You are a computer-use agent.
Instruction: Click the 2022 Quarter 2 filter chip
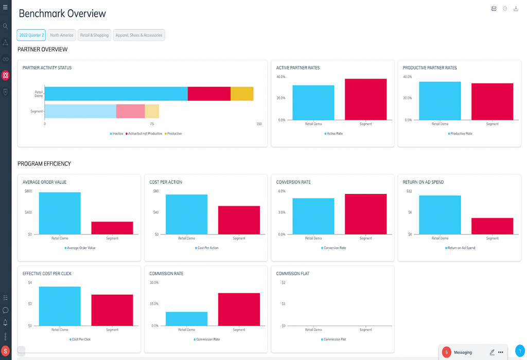click(x=31, y=35)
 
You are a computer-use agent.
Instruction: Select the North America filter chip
click(x=62, y=35)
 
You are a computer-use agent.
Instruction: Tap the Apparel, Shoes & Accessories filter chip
click(x=139, y=35)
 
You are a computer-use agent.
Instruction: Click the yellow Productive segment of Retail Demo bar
click(x=242, y=94)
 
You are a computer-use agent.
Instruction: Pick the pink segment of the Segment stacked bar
click(x=130, y=111)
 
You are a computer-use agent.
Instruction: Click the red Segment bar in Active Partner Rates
click(x=365, y=99)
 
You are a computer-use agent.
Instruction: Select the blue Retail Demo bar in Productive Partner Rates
click(x=440, y=101)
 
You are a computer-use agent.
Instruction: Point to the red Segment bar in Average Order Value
click(x=112, y=228)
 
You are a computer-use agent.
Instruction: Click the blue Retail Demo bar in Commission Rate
click(x=186, y=319)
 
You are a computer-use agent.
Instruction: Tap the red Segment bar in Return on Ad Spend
click(x=493, y=226)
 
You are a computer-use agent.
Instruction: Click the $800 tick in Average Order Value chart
click(x=28, y=191)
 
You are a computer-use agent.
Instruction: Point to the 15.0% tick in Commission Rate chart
click(x=154, y=304)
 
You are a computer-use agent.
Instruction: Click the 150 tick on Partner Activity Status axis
click(x=259, y=124)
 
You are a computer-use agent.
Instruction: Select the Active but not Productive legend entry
click(x=144, y=134)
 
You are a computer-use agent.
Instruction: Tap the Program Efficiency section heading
click(x=44, y=164)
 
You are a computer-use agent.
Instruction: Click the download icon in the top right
click(x=516, y=9)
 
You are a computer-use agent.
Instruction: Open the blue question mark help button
click(x=520, y=351)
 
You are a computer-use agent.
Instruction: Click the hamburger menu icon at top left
click(x=6, y=7)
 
